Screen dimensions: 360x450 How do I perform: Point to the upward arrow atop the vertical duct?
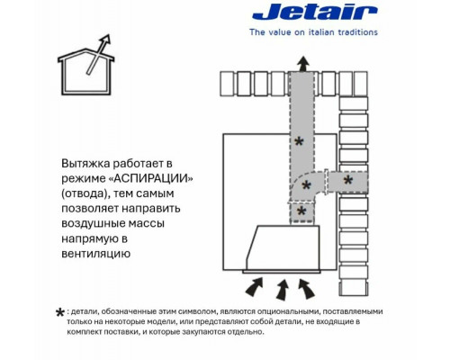tap(302, 61)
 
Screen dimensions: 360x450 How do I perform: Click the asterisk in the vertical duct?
tap(301, 141)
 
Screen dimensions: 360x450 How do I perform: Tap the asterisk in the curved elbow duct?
tap(307, 186)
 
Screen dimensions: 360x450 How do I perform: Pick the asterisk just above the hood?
tap(301, 211)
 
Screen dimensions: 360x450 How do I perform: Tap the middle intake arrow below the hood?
tap(283, 289)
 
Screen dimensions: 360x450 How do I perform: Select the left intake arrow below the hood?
tap(257, 286)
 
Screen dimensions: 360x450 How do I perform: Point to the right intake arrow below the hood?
tap(308, 287)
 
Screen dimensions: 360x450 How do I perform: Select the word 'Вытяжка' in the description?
tap(87, 164)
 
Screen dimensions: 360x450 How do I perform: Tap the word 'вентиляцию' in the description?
tap(96, 255)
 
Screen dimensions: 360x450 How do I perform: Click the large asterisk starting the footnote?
tap(59, 313)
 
